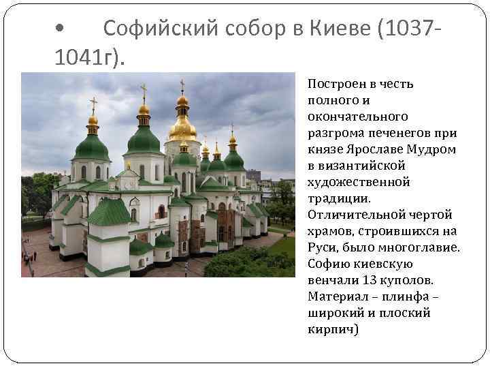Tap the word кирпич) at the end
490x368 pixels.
(x=333, y=329)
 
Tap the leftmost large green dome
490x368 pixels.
(x=93, y=146)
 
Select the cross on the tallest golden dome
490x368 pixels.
(x=182, y=86)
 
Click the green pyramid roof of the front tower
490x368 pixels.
(x=109, y=213)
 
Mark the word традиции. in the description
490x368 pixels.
(x=339, y=198)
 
